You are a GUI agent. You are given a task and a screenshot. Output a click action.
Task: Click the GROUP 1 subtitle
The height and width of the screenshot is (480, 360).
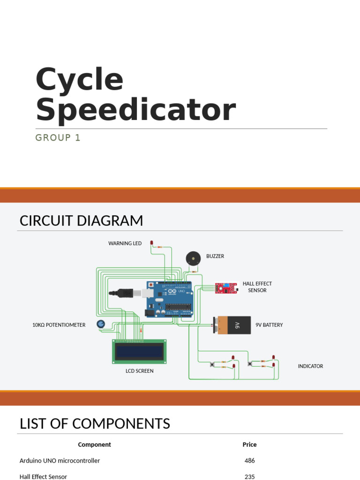click(58, 138)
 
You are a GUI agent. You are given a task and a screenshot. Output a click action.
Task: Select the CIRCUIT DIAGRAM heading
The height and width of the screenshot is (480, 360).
click(82, 221)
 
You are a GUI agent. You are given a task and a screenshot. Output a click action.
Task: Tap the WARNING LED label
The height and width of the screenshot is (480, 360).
click(125, 243)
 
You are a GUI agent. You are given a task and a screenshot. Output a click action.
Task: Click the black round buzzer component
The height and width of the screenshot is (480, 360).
click(193, 259)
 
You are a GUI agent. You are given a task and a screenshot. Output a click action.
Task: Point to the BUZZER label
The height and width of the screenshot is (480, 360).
click(215, 256)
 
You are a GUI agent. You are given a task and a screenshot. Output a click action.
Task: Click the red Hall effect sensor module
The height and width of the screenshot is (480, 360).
click(226, 288)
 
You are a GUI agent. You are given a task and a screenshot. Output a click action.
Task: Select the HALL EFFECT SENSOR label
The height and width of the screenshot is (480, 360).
click(257, 287)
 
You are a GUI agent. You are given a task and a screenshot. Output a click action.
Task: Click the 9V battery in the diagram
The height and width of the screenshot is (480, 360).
click(232, 325)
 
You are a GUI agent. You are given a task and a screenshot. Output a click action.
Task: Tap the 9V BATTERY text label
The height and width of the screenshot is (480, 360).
click(269, 325)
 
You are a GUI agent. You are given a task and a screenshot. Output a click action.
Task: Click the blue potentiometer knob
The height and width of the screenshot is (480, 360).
click(101, 324)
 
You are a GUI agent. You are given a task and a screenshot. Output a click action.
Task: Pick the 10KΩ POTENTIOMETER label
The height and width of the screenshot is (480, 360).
click(59, 325)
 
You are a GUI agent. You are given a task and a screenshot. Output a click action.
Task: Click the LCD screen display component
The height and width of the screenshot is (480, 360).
click(140, 352)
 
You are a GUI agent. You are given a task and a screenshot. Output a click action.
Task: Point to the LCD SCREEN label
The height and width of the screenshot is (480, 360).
click(140, 371)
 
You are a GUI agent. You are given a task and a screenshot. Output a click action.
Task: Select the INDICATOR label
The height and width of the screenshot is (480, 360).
click(310, 366)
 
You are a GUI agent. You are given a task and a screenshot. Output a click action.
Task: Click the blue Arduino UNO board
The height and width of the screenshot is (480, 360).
click(170, 300)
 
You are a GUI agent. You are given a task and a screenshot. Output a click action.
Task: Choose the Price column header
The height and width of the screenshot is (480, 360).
click(249, 444)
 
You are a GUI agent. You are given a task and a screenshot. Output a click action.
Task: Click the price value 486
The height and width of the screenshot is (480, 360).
click(249, 460)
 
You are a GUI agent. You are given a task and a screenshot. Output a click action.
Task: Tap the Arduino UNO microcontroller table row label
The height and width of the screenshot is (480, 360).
click(60, 460)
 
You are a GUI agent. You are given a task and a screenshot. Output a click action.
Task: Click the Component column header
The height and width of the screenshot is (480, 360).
click(94, 445)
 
